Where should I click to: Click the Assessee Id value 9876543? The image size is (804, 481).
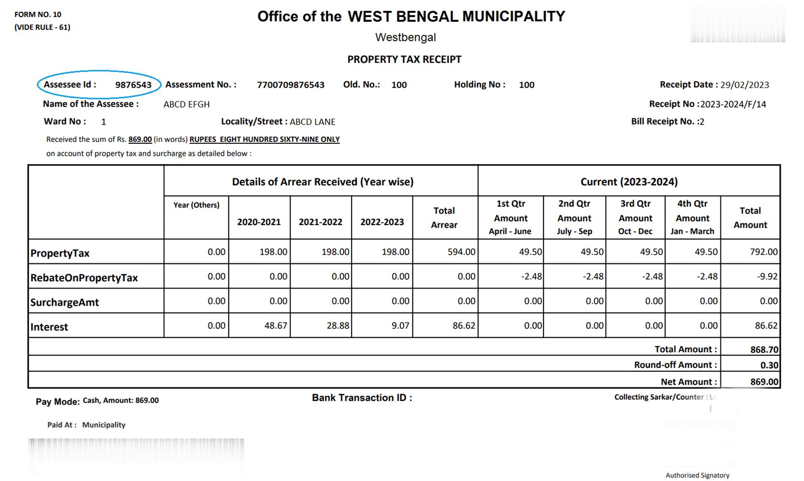click(133, 85)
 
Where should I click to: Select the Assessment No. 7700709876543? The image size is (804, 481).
click(291, 85)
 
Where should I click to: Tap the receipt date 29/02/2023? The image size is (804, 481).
click(744, 85)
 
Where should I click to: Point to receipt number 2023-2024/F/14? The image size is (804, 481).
click(733, 104)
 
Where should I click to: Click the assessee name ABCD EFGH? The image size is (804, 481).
click(186, 104)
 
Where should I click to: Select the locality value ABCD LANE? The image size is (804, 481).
click(312, 122)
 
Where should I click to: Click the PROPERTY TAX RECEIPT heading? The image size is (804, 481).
click(404, 59)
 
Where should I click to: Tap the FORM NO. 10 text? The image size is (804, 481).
click(38, 14)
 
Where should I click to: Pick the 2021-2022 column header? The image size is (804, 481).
click(320, 222)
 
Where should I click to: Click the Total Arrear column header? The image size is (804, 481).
click(444, 217)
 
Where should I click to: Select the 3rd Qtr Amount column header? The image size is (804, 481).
click(635, 217)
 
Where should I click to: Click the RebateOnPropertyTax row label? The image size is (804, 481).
click(84, 278)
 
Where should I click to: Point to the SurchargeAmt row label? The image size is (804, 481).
click(64, 302)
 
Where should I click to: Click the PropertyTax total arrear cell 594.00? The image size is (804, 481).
click(461, 252)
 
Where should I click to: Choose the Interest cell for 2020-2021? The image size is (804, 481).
click(275, 325)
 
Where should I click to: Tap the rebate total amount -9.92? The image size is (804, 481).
click(767, 276)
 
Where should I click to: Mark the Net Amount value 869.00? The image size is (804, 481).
click(764, 381)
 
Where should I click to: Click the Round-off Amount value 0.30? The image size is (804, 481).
click(769, 365)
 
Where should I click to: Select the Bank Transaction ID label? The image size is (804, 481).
click(362, 398)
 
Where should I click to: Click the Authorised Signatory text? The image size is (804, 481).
click(697, 475)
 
